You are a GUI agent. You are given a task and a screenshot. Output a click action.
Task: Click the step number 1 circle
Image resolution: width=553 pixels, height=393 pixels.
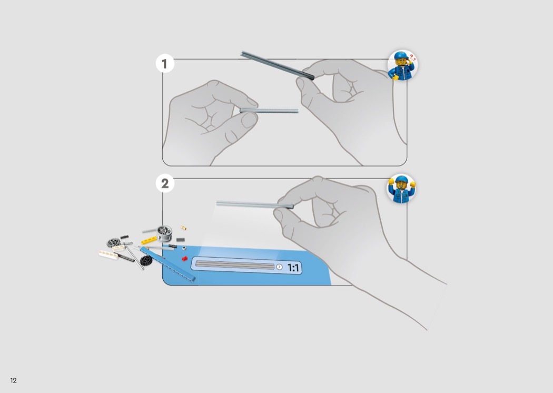tap(165, 64)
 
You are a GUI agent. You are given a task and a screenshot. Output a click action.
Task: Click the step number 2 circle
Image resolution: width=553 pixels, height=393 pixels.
tap(165, 183)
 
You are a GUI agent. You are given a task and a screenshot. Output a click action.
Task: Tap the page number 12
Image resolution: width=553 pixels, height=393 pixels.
tap(13, 380)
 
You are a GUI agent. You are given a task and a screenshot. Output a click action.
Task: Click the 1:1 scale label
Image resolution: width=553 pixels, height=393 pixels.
tap(293, 268)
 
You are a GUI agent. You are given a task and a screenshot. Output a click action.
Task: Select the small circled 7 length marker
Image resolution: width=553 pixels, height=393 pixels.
tap(279, 267)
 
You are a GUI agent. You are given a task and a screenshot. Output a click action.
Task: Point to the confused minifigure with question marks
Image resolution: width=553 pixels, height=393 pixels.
tap(402, 65)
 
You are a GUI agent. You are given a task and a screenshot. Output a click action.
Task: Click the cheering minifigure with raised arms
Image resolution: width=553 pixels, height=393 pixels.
tap(401, 189)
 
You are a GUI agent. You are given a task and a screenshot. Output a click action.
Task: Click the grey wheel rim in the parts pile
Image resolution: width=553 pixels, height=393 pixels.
tap(164, 233)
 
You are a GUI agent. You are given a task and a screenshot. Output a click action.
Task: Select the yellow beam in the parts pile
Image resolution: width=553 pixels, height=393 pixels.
tap(149, 241)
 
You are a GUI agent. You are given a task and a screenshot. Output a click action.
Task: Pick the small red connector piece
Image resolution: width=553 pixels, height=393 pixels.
tap(184, 259)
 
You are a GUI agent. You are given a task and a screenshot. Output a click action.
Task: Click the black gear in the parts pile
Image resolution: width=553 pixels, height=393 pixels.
tap(146, 260)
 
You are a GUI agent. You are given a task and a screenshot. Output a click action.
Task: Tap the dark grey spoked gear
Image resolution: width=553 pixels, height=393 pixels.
tap(113, 242)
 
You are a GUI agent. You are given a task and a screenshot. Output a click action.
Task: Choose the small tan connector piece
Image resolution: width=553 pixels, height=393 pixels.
tap(183, 228)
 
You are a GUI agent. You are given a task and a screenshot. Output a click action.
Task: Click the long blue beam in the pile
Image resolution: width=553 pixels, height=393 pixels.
tap(167, 264)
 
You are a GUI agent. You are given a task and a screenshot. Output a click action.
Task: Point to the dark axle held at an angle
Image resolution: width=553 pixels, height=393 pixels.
tap(277, 66)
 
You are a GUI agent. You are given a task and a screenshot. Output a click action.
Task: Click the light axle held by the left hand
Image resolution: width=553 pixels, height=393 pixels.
tap(269, 111)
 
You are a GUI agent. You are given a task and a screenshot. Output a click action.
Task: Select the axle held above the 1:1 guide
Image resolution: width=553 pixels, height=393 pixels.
tap(254, 204)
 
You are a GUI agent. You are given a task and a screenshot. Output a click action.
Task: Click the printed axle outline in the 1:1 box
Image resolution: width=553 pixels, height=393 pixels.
tap(235, 266)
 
